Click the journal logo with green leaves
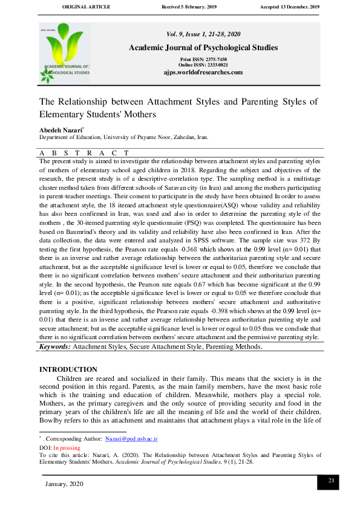(65, 53)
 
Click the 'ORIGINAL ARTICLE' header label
(87, 6)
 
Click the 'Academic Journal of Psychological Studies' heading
(203, 48)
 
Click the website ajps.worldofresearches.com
(203, 72)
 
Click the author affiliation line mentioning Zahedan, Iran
(124, 138)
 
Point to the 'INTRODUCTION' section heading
(68, 369)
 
